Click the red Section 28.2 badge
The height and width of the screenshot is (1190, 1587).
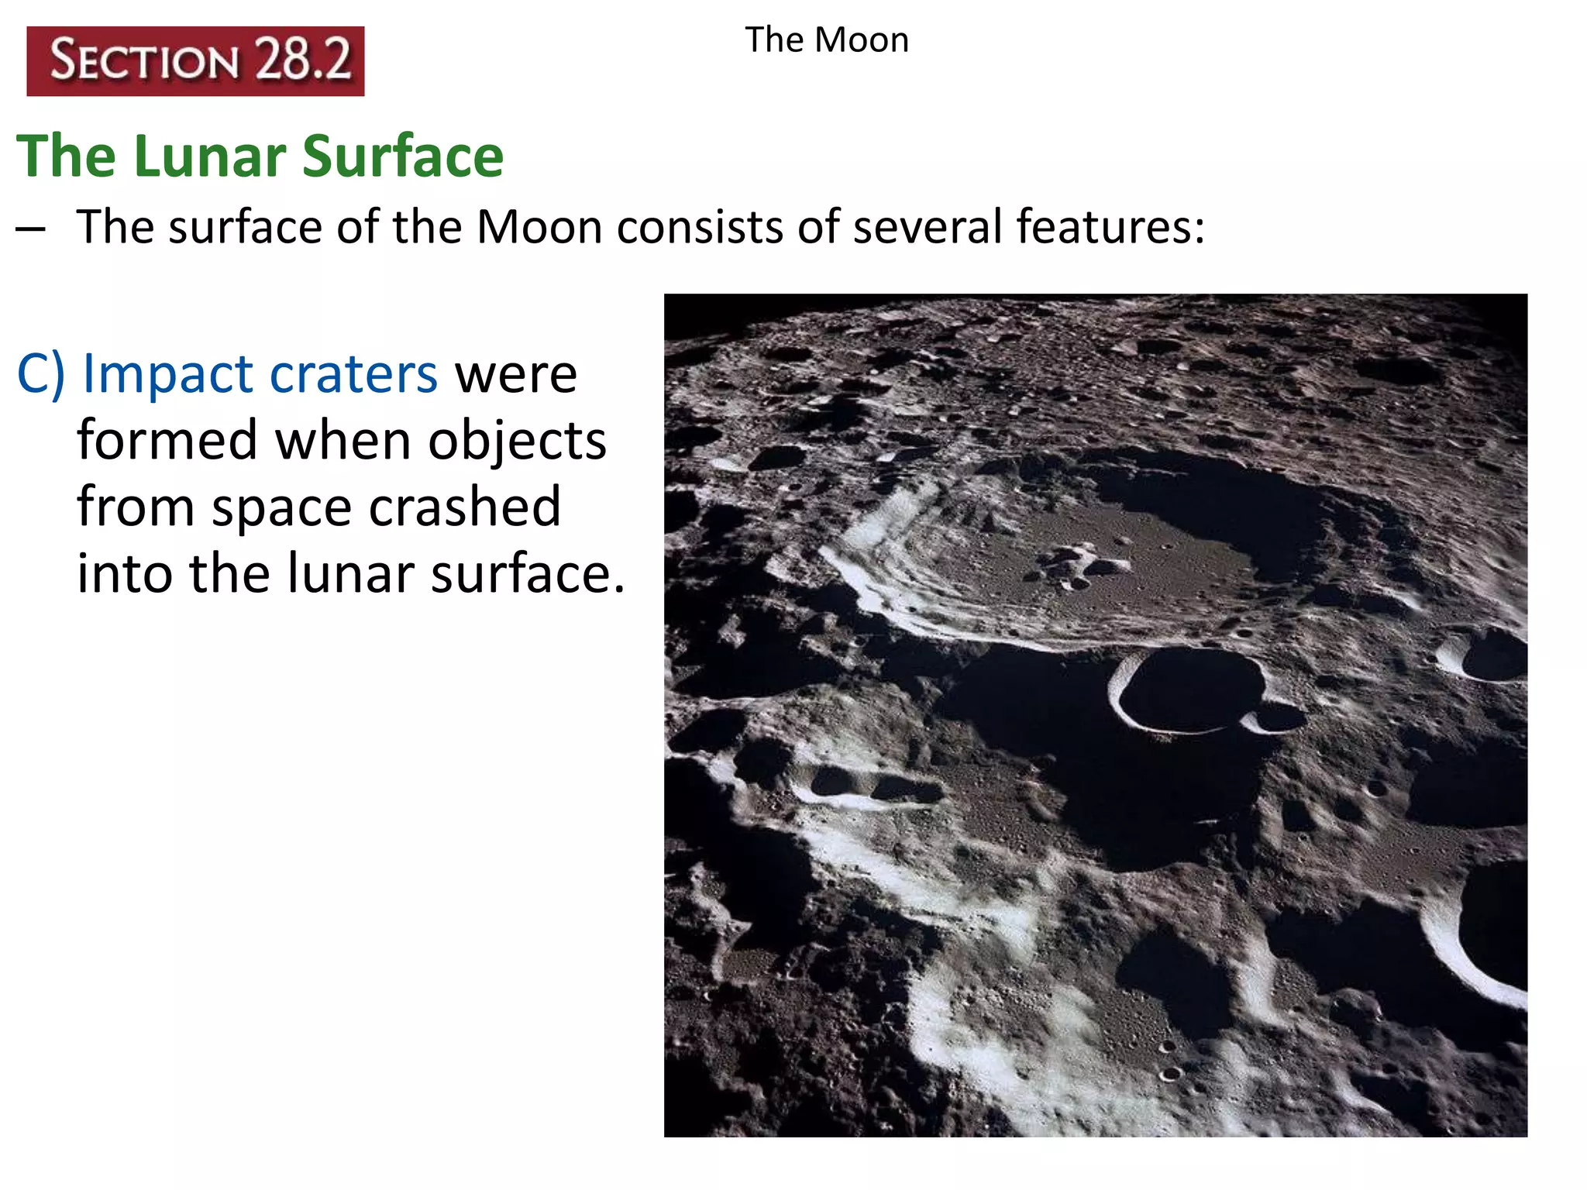tap(195, 61)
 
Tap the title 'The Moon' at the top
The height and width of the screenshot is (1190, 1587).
tap(827, 40)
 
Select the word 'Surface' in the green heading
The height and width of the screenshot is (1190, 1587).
tap(402, 156)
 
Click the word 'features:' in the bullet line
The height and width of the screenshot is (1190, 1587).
tap(1110, 227)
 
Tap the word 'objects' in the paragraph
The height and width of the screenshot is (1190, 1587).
tap(517, 441)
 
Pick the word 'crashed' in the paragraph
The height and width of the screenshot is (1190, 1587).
tap(464, 507)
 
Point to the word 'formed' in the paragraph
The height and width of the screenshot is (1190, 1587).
tap(167, 441)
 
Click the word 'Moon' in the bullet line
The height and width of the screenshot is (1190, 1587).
tap(539, 227)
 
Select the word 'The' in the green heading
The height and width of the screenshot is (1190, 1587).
tap(67, 156)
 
